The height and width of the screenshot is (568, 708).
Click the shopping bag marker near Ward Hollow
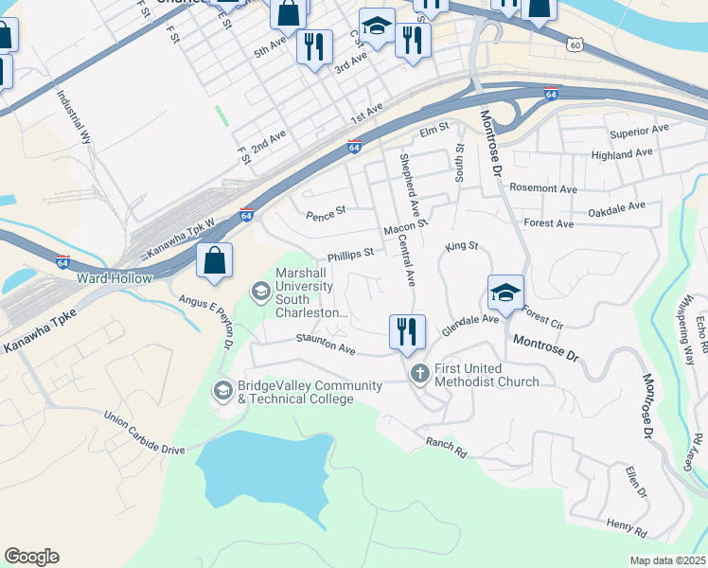(x=215, y=260)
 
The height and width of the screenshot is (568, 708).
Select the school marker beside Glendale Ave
(x=505, y=293)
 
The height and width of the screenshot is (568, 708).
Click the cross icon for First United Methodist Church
(x=420, y=375)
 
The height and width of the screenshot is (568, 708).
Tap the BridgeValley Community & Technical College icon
(x=223, y=391)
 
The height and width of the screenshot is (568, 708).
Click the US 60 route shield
(x=575, y=44)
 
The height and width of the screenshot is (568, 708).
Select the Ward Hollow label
(x=113, y=278)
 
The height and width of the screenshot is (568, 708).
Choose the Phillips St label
(x=351, y=255)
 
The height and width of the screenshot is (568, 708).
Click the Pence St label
(x=327, y=215)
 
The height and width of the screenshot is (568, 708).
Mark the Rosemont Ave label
(x=543, y=188)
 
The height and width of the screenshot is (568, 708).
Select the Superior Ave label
(x=639, y=131)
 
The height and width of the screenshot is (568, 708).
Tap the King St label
(x=462, y=246)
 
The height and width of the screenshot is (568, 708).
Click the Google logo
(x=31, y=557)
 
